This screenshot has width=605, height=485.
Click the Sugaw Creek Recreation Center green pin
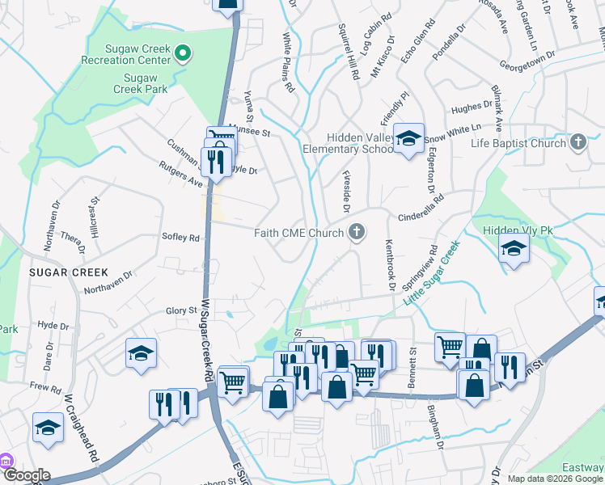pos(183,54)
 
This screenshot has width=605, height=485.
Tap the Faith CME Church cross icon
pos(355,234)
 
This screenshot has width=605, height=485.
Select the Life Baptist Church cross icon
pos(577,143)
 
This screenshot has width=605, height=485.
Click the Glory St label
pos(181,310)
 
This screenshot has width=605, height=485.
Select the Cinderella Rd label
pos(421,209)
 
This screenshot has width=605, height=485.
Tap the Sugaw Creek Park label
pos(146,83)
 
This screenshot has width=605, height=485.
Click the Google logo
pos(26,475)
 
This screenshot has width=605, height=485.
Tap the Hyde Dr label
pos(53,325)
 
